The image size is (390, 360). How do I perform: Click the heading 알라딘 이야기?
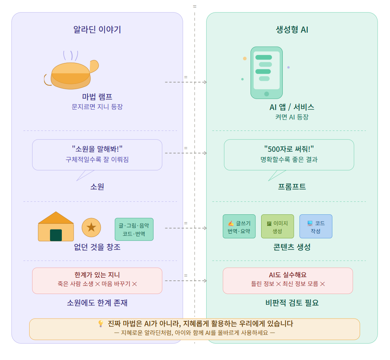(97, 30)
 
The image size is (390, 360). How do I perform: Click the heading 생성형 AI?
(292, 30)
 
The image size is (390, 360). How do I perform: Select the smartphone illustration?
(266, 73)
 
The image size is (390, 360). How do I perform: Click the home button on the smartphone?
(267, 94)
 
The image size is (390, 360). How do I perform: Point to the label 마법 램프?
(97, 97)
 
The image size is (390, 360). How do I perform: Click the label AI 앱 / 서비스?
(292, 107)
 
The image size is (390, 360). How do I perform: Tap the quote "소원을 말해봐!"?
(97, 149)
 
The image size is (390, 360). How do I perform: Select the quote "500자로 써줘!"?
(289, 149)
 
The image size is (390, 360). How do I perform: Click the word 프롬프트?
(292, 187)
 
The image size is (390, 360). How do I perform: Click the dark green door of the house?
(56, 235)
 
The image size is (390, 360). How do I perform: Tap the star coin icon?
(91, 227)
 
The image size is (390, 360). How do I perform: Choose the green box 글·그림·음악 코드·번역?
(134, 229)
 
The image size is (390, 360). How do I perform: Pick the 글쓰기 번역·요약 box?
(239, 226)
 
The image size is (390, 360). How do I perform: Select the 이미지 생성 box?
(277, 226)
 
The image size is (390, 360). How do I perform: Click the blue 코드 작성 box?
(316, 226)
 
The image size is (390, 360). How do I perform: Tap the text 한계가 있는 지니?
(97, 275)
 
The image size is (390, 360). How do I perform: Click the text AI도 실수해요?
(288, 275)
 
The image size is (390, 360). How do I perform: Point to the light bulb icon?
(101, 324)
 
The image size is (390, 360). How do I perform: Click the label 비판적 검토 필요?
(292, 303)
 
